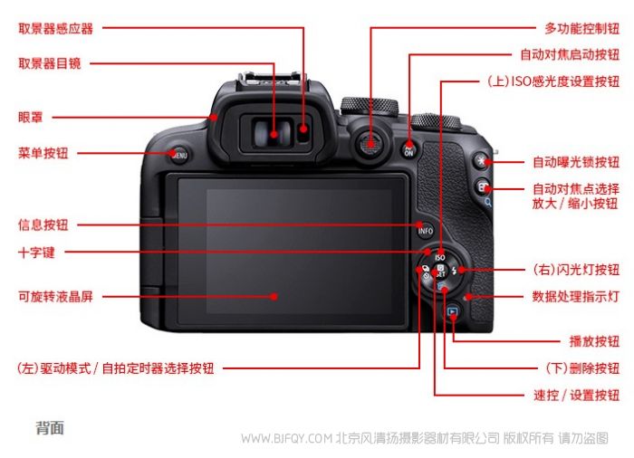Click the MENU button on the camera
pyautogui.click(x=179, y=155)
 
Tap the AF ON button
pyautogui.click(x=408, y=150)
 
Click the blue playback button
pyautogui.click(x=453, y=311)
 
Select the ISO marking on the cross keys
pyautogui.click(x=440, y=257)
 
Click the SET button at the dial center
pyautogui.click(x=440, y=271)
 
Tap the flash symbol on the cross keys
pyautogui.click(x=455, y=271)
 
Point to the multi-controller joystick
pyautogui.click(x=370, y=144)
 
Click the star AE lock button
pyautogui.click(x=481, y=160)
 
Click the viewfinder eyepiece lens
pyautogui.click(x=274, y=133)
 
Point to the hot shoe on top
pyautogui.click(x=270, y=79)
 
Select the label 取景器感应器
pyautogui.click(x=56, y=29)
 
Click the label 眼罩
pyautogui.click(x=30, y=118)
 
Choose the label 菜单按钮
pyautogui.click(x=43, y=153)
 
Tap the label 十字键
pyautogui.click(x=36, y=253)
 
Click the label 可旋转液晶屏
pyautogui.click(x=56, y=296)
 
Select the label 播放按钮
pyautogui.click(x=594, y=341)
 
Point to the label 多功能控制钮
pyautogui.click(x=581, y=28)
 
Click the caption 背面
pyautogui.click(x=50, y=428)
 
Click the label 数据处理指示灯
pyautogui.click(x=576, y=296)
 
